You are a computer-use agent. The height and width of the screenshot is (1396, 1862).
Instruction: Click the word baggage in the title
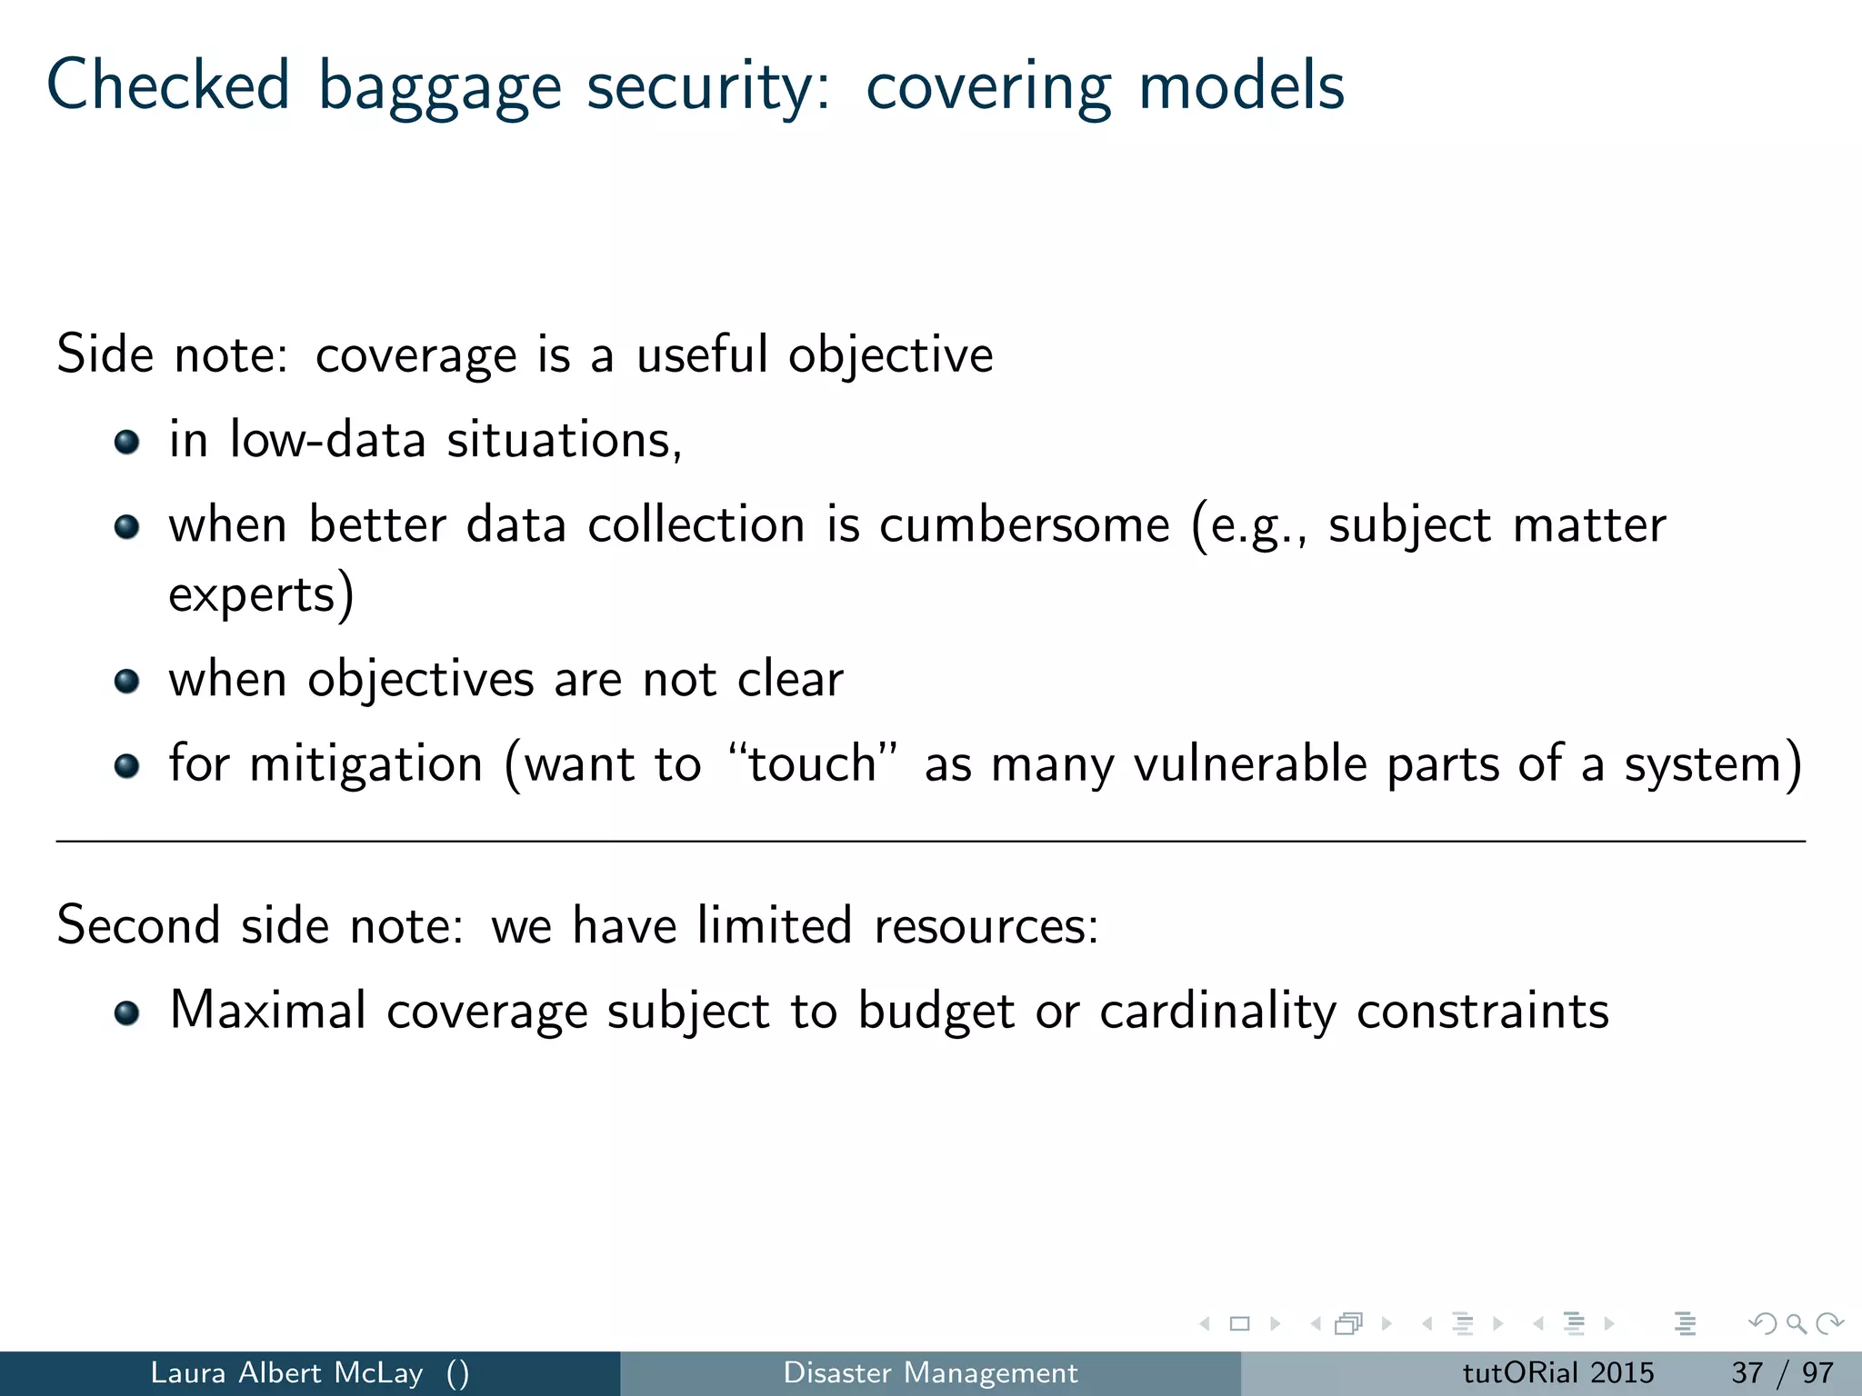click(439, 86)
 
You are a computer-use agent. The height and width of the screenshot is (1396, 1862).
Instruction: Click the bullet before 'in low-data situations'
click(126, 443)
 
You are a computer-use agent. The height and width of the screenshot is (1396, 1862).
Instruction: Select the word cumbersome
click(1024, 524)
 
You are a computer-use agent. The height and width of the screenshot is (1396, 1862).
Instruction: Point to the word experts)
click(261, 595)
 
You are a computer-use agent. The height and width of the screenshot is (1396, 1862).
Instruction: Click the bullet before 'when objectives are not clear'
click(126, 681)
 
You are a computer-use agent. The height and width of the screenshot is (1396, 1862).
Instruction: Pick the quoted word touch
click(812, 763)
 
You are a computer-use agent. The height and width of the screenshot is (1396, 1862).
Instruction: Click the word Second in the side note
click(138, 925)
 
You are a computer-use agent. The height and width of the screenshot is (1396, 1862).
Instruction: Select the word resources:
click(986, 925)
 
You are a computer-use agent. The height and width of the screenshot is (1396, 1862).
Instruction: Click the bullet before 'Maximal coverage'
click(126, 1012)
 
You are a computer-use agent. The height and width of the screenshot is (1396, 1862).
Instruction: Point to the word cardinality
click(1217, 1011)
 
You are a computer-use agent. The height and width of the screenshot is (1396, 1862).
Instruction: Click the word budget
click(936, 1011)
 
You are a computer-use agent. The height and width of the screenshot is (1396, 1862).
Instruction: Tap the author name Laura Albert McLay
click(286, 1372)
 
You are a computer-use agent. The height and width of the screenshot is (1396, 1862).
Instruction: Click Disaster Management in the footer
click(930, 1372)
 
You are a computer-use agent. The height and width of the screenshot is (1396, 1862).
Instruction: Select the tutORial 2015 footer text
click(1557, 1372)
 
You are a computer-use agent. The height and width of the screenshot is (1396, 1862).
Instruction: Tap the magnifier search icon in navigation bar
click(1796, 1323)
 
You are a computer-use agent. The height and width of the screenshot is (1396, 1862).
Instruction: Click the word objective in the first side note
click(890, 355)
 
